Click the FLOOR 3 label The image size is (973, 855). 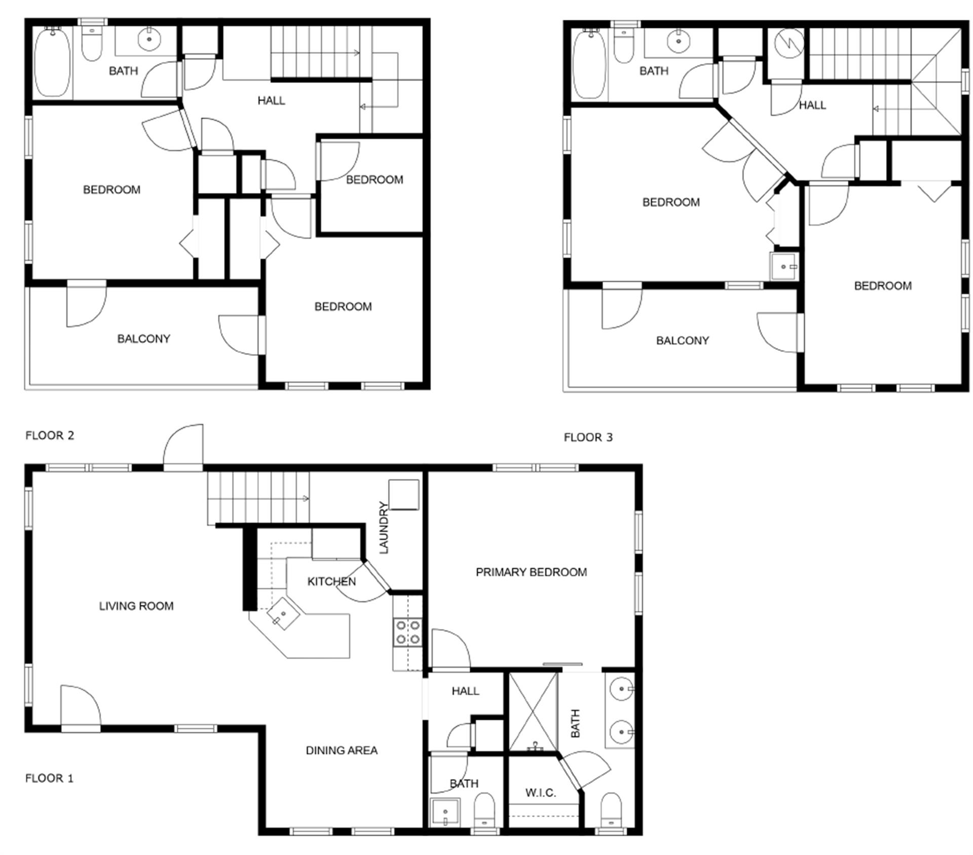pos(588,437)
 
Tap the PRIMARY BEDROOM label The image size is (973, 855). pos(531,572)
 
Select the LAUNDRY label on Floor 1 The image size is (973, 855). pos(384,527)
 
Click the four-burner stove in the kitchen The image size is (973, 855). pos(408,632)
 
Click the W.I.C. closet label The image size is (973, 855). pos(540,793)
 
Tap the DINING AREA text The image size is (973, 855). pos(341,750)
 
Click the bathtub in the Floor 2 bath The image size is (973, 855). pos(53,62)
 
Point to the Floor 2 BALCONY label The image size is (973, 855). pos(143,338)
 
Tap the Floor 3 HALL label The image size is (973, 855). pos(812,105)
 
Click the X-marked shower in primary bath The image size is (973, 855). pos(533,712)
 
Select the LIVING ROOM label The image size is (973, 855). pos(136,605)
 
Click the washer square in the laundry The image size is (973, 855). pos(403,494)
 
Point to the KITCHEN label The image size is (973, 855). pos(331,581)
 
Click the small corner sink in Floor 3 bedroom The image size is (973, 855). pos(783,266)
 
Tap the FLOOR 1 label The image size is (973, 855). pos(49,778)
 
